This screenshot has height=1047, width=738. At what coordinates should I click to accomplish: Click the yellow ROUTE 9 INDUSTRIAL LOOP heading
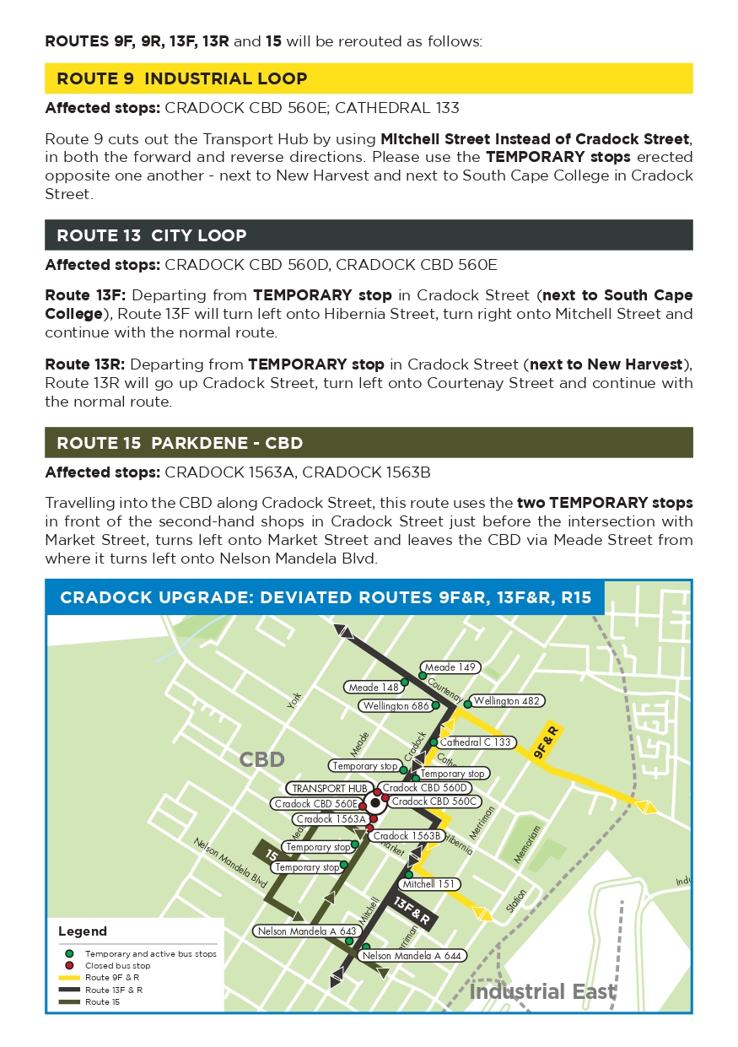[x=181, y=78]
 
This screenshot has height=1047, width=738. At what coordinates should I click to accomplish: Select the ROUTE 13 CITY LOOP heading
[x=152, y=235]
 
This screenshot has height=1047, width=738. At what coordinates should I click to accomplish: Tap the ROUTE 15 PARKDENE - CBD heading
[x=180, y=443]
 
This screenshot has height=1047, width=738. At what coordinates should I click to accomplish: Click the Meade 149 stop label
[x=451, y=667]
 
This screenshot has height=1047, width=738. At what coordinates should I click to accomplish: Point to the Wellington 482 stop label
[x=507, y=700]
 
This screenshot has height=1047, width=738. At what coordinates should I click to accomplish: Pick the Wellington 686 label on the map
[x=396, y=706]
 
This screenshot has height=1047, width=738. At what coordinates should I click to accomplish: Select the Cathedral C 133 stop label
[x=475, y=742]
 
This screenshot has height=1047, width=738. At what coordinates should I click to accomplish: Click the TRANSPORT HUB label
[x=330, y=788]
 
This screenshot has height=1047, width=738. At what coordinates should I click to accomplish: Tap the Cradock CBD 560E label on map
[x=315, y=804]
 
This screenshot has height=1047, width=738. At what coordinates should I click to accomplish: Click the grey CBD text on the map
[x=262, y=759]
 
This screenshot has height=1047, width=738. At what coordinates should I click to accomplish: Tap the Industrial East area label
[x=542, y=991]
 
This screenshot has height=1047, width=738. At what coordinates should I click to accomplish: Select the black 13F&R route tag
[x=413, y=911]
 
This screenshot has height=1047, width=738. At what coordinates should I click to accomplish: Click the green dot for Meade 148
[x=404, y=682]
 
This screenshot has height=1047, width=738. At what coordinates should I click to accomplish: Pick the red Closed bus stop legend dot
[x=69, y=965]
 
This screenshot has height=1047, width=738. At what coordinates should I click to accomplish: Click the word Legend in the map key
[x=83, y=931]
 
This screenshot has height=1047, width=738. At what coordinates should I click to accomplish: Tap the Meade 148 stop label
[x=374, y=688]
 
